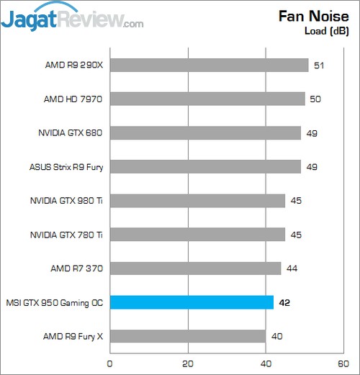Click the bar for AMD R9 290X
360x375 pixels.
click(x=209, y=65)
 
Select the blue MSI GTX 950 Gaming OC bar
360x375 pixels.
click(x=192, y=302)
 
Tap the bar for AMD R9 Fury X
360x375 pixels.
click(x=187, y=336)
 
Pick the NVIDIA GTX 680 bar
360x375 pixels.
click(x=205, y=133)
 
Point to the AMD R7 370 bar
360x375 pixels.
click(x=195, y=268)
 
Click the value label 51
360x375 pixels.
click(x=319, y=65)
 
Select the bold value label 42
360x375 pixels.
click(x=285, y=302)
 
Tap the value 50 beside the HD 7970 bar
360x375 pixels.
click(x=315, y=99)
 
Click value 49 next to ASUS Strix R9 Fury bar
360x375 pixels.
click(x=312, y=167)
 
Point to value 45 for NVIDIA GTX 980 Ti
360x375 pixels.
click(x=296, y=201)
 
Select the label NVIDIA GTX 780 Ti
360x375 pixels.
click(x=66, y=235)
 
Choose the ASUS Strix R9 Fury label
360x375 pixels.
click(x=63, y=167)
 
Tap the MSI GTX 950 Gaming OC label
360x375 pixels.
click(x=54, y=302)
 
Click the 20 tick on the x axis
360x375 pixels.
click(x=188, y=364)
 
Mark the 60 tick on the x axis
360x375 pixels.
click(x=344, y=364)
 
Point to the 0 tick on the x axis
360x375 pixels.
click(x=110, y=364)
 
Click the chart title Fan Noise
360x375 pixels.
click(x=310, y=17)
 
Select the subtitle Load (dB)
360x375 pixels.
click(x=328, y=31)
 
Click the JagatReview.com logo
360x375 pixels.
click(x=72, y=18)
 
